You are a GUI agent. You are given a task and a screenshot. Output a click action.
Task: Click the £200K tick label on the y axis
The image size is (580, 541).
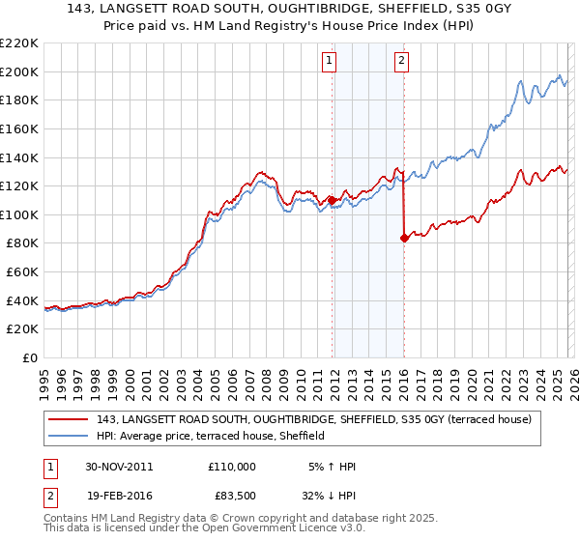[x=19, y=71]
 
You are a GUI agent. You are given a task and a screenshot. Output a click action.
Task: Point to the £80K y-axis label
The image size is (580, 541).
[x=22, y=243]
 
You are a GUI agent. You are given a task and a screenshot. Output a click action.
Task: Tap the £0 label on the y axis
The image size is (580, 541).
[x=30, y=357]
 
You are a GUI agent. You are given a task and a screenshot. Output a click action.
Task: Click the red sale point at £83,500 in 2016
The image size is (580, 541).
[x=403, y=238]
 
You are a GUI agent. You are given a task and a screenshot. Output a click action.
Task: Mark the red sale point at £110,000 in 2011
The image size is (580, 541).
[x=332, y=200]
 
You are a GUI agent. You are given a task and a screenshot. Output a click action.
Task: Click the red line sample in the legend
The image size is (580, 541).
[x=69, y=420]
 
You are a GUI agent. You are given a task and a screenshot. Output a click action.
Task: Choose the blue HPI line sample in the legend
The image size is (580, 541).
[x=69, y=437]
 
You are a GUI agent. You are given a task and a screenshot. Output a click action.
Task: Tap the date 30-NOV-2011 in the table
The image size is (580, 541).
[x=119, y=467]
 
